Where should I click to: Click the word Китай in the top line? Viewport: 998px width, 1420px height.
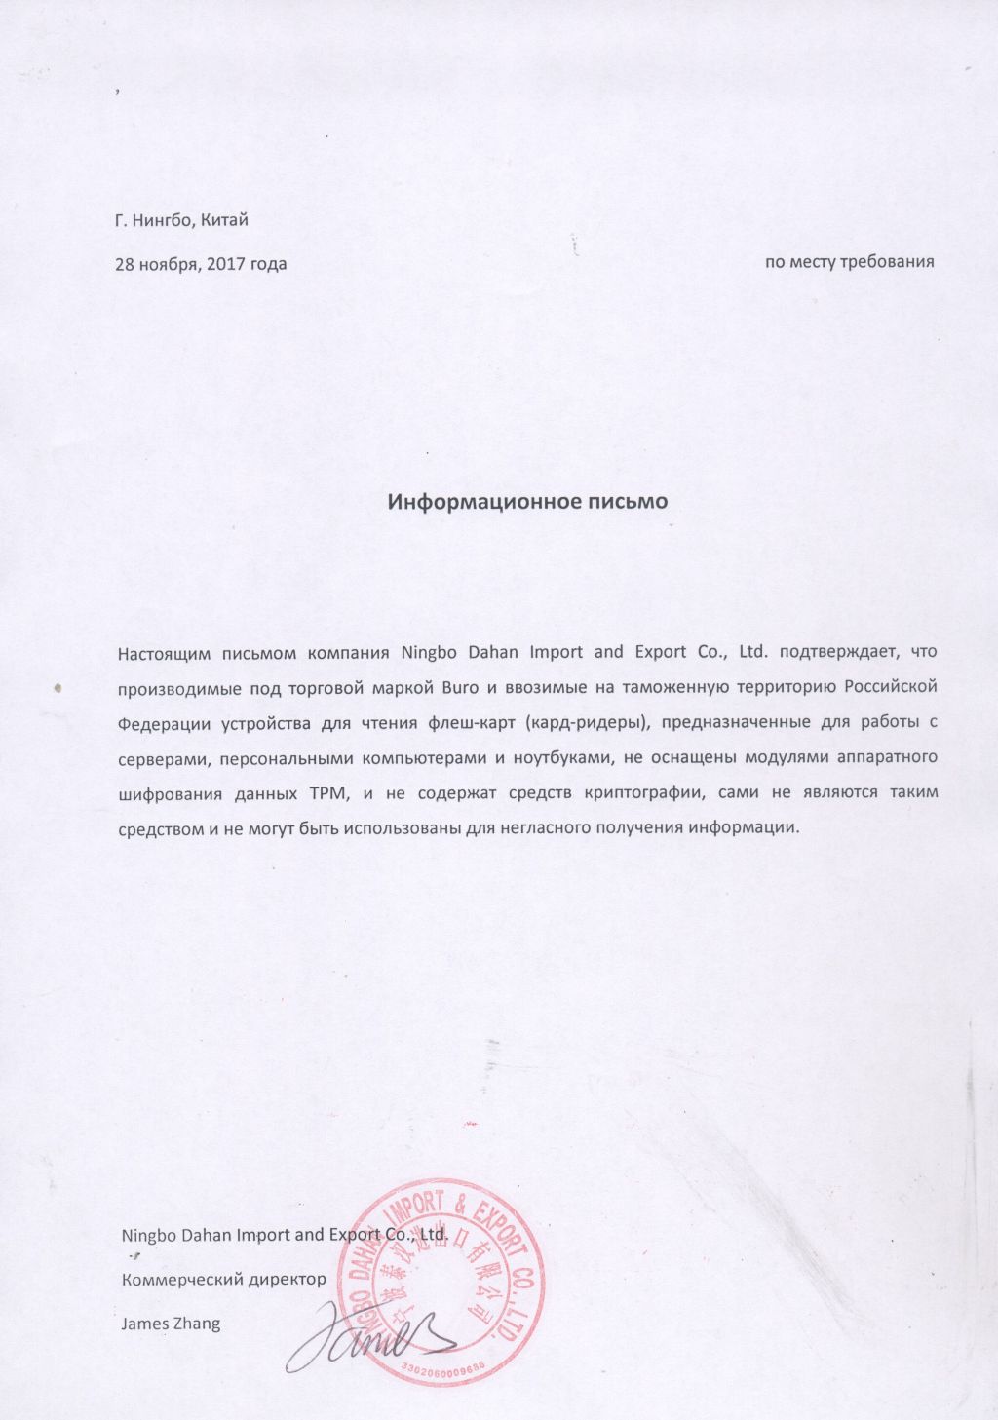pyautogui.click(x=226, y=220)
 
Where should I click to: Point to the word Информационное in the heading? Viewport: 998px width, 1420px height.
pyautogui.click(x=474, y=503)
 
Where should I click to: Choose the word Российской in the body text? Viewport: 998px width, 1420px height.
pyautogui.click(x=891, y=688)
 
